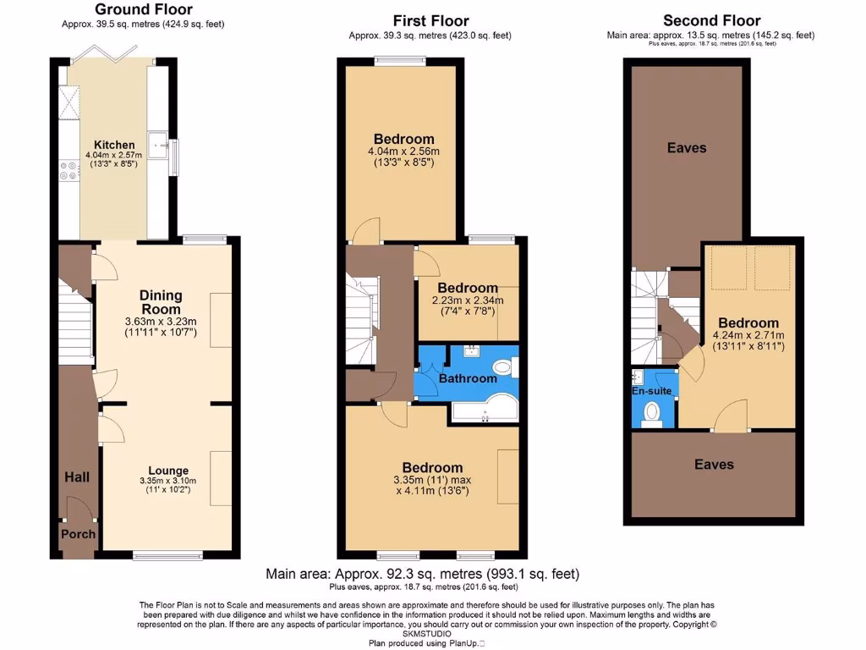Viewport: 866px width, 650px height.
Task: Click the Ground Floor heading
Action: (x=144, y=10)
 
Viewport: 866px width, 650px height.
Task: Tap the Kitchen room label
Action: (x=112, y=145)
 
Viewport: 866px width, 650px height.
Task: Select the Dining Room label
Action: (x=161, y=302)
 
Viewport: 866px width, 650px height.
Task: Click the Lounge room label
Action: (x=169, y=471)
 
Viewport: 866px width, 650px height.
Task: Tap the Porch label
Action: (x=78, y=534)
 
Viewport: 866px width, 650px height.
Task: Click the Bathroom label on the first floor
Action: (x=468, y=378)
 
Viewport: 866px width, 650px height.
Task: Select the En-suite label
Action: (x=651, y=392)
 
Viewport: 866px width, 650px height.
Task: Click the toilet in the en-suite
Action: (x=652, y=412)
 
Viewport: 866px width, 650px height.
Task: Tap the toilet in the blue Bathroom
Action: (x=504, y=366)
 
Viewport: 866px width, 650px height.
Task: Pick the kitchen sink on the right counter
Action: (x=157, y=145)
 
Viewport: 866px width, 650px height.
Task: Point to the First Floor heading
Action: (x=430, y=20)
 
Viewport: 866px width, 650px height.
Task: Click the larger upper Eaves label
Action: (x=687, y=148)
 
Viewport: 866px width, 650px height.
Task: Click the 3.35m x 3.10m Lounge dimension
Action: (x=168, y=481)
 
